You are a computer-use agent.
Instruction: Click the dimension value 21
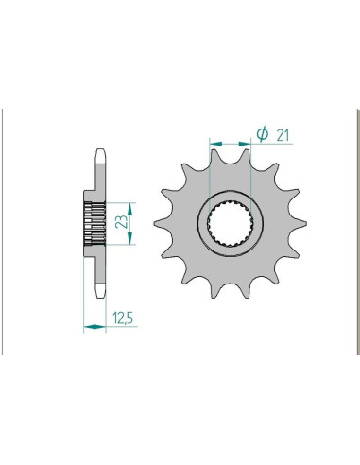click(283, 135)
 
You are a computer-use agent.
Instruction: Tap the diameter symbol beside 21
click(262, 134)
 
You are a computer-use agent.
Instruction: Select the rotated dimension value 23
click(122, 221)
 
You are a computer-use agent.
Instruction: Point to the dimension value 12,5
click(123, 319)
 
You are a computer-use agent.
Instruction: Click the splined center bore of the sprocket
click(230, 223)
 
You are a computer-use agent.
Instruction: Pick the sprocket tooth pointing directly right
click(300, 223)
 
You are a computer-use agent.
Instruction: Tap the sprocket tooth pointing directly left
click(161, 223)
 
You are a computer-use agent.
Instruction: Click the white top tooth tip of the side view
click(100, 157)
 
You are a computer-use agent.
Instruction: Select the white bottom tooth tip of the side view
click(100, 291)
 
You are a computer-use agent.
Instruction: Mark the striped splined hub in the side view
click(94, 223)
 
